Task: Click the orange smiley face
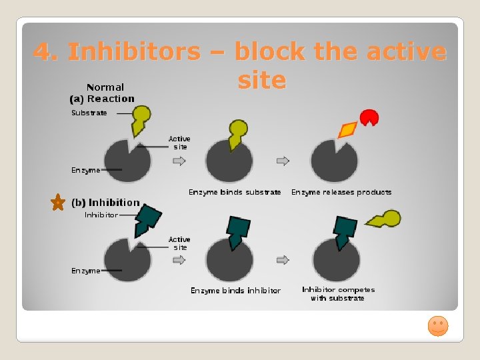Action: (x=437, y=326)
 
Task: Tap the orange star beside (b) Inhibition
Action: (x=59, y=203)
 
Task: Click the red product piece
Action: (x=369, y=118)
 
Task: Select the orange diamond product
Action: (x=348, y=129)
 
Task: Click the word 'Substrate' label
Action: (x=89, y=113)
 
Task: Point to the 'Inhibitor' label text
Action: (x=101, y=215)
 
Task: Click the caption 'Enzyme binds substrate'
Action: (x=235, y=192)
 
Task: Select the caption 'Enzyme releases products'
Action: (x=341, y=192)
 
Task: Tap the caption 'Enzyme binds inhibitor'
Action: (x=235, y=291)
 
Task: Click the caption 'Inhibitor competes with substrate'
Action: (x=338, y=294)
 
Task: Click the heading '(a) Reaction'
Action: (x=102, y=99)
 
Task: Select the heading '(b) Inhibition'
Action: (x=106, y=203)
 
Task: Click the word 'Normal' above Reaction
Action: (x=105, y=87)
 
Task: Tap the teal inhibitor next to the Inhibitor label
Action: (x=148, y=220)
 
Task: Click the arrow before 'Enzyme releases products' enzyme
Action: (x=283, y=161)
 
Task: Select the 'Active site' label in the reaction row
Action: (x=179, y=143)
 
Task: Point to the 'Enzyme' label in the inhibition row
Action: (x=86, y=271)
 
